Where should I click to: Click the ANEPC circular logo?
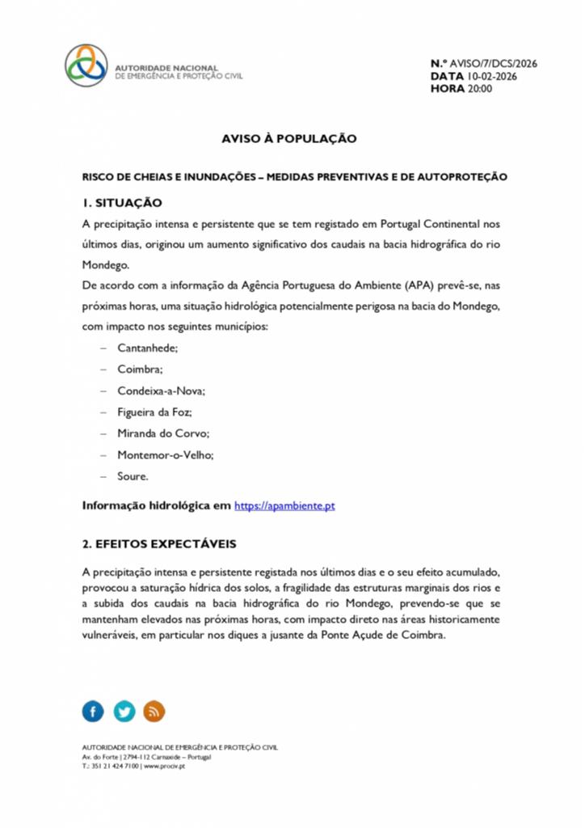pos(86,65)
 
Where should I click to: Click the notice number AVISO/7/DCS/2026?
pos(493,64)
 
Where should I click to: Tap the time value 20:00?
pos(478,89)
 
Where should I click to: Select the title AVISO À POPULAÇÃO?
pos(289,139)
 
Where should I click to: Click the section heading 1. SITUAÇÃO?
pos(122,202)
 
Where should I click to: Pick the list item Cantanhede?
pos(148,348)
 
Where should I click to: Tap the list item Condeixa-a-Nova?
pos(161,391)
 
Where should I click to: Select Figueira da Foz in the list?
pos(154,412)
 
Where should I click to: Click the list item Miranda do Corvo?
pos(163,433)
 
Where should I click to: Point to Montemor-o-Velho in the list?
pos(166,455)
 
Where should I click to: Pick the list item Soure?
pos(133,477)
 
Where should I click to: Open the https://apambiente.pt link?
pos(284,506)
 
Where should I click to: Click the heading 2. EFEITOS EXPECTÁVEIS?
pos(159,543)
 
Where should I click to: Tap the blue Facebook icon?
pos(94,712)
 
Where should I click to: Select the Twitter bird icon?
pos(124,712)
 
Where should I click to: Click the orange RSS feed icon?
pos(154,712)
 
